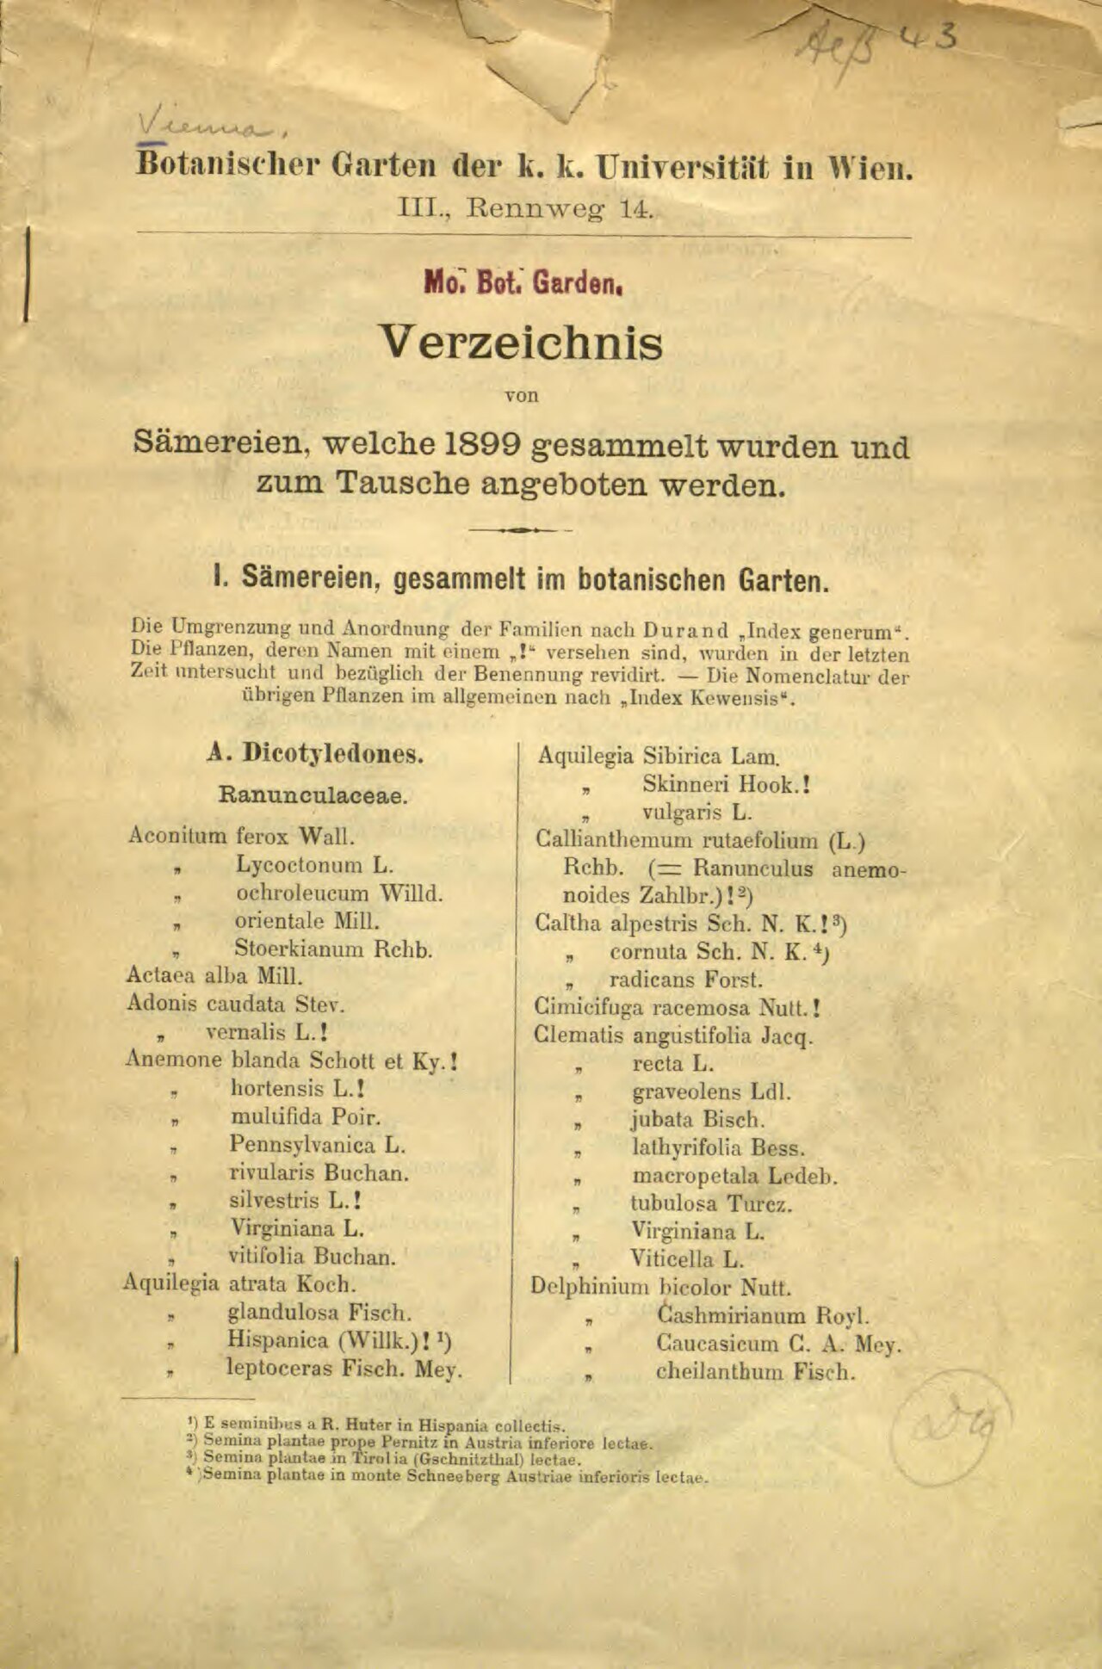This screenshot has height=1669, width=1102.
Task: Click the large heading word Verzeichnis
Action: pyautogui.click(x=522, y=343)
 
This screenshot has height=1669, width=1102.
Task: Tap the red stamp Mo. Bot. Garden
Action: pyautogui.click(x=523, y=282)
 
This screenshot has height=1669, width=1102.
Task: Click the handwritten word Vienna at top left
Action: pyautogui.click(x=212, y=127)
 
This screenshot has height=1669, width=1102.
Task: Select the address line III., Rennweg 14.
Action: pyautogui.click(x=524, y=209)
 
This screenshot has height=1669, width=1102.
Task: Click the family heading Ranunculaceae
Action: pyautogui.click(x=313, y=794)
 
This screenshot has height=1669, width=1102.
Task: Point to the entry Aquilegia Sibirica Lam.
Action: pyautogui.click(x=659, y=757)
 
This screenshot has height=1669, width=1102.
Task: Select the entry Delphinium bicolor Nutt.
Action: pyautogui.click(x=660, y=1288)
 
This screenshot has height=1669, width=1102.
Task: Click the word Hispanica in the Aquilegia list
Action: pyautogui.click(x=278, y=1340)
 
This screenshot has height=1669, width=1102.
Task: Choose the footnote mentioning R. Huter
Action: pyautogui.click(x=377, y=1425)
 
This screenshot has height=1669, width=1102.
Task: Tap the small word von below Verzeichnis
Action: pyautogui.click(x=521, y=396)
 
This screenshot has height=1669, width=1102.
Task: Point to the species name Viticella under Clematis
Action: pyautogui.click(x=673, y=1259)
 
